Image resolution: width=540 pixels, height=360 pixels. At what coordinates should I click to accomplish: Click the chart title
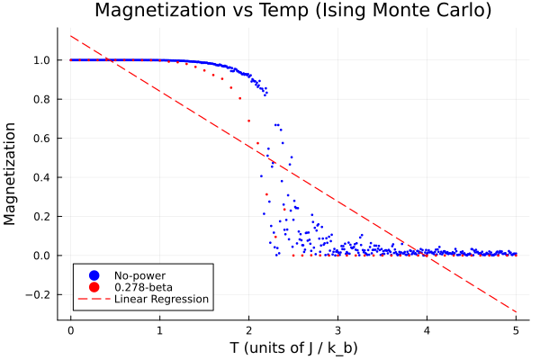pyautogui.click(x=293, y=12)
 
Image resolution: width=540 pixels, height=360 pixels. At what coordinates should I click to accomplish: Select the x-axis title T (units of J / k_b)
pyautogui.click(x=293, y=346)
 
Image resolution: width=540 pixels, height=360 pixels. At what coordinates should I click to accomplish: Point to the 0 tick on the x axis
pyautogui.click(x=70, y=330)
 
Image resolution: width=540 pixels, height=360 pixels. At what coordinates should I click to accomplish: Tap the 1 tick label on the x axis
pyautogui.click(x=159, y=330)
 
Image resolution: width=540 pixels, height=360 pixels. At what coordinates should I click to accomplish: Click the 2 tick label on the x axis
pyautogui.click(x=248, y=330)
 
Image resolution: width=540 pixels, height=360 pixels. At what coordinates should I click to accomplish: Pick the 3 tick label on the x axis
pyautogui.click(x=337, y=330)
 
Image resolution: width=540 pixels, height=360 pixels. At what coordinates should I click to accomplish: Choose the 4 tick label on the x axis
pyautogui.click(x=427, y=330)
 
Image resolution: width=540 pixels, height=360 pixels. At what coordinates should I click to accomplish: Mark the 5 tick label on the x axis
pyautogui.click(x=516, y=330)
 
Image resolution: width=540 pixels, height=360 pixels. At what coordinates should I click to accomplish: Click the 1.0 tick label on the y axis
pyautogui.click(x=41, y=60)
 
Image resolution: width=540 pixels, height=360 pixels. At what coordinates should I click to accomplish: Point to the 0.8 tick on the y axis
pyautogui.click(x=41, y=99)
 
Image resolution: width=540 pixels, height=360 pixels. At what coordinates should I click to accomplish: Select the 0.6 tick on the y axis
pyautogui.click(x=41, y=138)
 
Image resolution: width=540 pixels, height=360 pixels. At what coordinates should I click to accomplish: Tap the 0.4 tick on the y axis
pyautogui.click(x=41, y=177)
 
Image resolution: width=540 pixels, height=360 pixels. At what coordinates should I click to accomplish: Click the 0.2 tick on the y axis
pyautogui.click(x=41, y=216)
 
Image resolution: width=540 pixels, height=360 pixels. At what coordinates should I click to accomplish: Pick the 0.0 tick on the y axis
pyautogui.click(x=41, y=256)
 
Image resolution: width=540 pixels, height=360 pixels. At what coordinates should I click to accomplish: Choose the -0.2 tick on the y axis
pyautogui.click(x=39, y=294)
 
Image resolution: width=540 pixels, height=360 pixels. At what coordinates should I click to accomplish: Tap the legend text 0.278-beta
pyautogui.click(x=144, y=286)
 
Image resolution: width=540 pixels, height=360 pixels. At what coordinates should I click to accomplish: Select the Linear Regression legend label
pyautogui.click(x=161, y=299)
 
